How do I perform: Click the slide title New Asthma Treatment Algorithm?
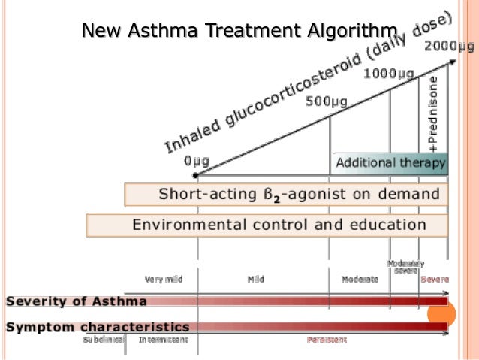pos(238,31)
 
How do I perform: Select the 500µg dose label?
pos(324,101)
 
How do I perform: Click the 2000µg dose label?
pos(450,47)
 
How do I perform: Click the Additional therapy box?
pos(390,163)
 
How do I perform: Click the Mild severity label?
pos(255,280)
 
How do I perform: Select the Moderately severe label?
pos(405,267)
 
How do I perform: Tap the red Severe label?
pos(435,280)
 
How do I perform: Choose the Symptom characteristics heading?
pos(98,327)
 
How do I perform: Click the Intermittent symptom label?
pos(163,340)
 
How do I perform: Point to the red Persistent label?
pos(326,340)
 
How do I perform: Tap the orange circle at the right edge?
pos(441,315)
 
